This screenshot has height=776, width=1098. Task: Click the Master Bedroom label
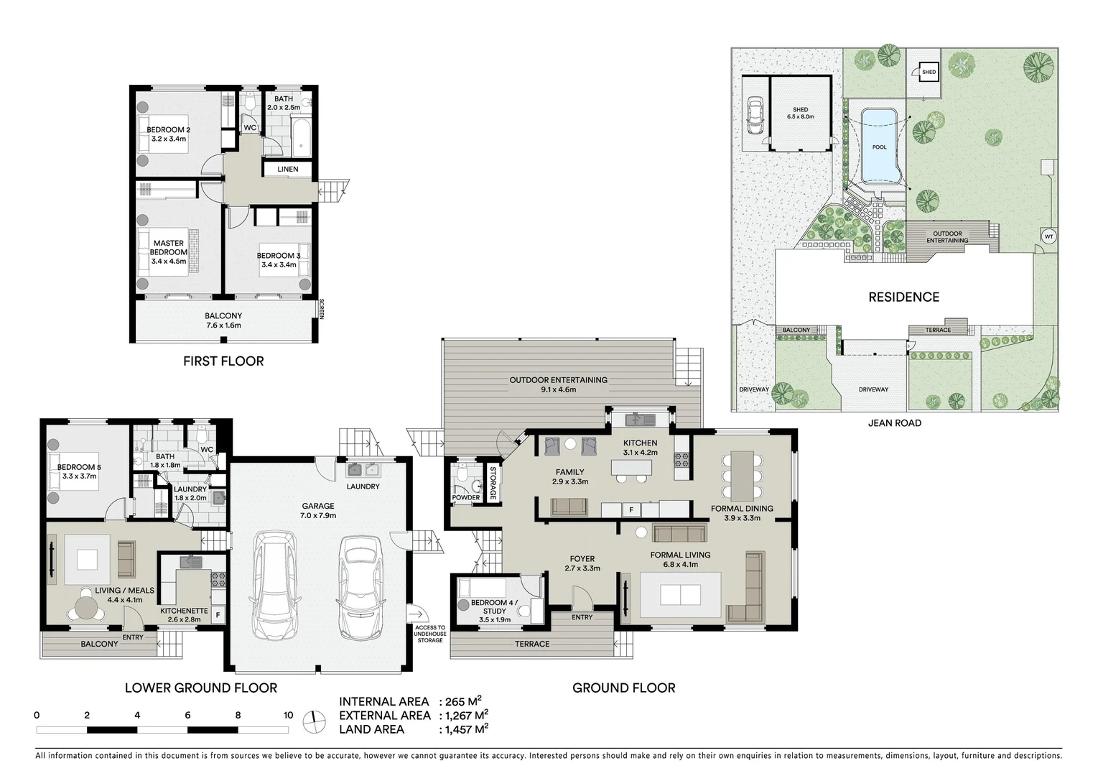point(168,248)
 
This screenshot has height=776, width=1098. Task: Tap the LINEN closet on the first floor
point(287,170)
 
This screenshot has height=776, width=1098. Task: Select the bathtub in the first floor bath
point(302,139)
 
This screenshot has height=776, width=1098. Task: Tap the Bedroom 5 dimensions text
point(79,476)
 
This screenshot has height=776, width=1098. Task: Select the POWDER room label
point(465,497)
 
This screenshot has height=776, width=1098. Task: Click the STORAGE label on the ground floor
point(493,484)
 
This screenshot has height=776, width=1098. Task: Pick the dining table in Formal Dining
point(742,476)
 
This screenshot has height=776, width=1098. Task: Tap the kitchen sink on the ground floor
point(637,419)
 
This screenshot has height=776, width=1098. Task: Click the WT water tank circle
point(1048,236)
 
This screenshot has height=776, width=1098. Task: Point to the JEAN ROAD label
point(894,422)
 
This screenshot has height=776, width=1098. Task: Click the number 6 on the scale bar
point(187,715)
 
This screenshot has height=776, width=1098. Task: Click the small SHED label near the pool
point(929,72)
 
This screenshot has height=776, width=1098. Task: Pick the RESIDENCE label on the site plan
point(903,297)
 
